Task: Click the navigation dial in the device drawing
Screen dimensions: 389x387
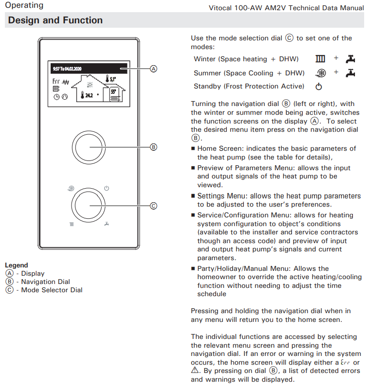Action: [x=89, y=146]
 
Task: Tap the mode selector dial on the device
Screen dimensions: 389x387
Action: [x=89, y=206]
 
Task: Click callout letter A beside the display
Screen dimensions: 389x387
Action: [x=153, y=69]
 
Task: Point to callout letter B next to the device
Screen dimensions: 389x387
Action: [x=153, y=146]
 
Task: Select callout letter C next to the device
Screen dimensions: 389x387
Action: [x=153, y=206]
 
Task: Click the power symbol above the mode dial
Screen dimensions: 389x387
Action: [x=107, y=188]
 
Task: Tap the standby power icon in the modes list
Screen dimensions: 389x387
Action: [x=319, y=87]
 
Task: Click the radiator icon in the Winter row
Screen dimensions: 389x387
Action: [x=320, y=59]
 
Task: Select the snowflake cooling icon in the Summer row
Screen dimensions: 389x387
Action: [x=321, y=73]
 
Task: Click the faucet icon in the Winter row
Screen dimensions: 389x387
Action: [x=350, y=59]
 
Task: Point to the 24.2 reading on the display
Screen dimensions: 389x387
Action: [x=89, y=95]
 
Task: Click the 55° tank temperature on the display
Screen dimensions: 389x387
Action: [x=113, y=91]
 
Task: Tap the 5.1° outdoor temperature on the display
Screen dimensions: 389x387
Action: [x=111, y=78]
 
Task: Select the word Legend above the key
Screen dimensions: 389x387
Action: [x=17, y=265]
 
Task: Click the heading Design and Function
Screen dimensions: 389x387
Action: [x=55, y=20]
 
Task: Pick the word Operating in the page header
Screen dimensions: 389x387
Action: [x=24, y=5]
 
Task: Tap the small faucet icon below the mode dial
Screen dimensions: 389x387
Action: [x=107, y=224]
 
